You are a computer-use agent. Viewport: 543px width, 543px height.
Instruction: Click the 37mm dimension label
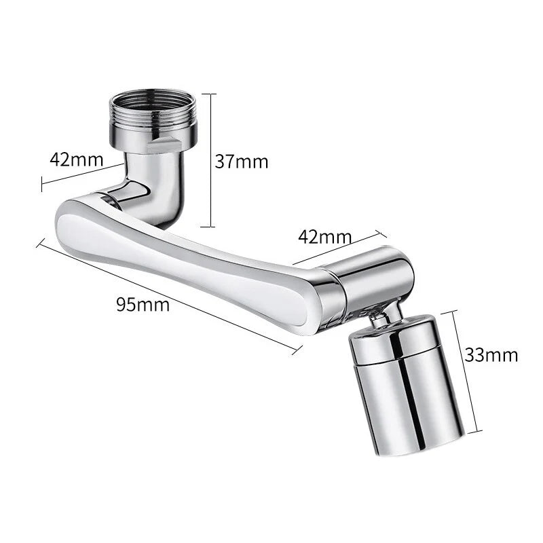coord(242,162)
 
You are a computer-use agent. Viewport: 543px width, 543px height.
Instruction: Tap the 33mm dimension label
coord(491,354)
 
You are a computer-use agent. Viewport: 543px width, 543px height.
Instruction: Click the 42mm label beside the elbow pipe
coord(77,160)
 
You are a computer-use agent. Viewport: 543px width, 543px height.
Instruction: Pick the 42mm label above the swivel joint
coord(324,237)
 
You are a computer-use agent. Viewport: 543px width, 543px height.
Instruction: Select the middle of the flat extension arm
coord(190,251)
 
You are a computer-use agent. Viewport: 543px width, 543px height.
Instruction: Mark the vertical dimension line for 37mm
coord(212,160)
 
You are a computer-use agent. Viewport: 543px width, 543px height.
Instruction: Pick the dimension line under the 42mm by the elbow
coord(81,174)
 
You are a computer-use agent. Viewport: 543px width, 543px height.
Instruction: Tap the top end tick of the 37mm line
coord(211,94)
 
